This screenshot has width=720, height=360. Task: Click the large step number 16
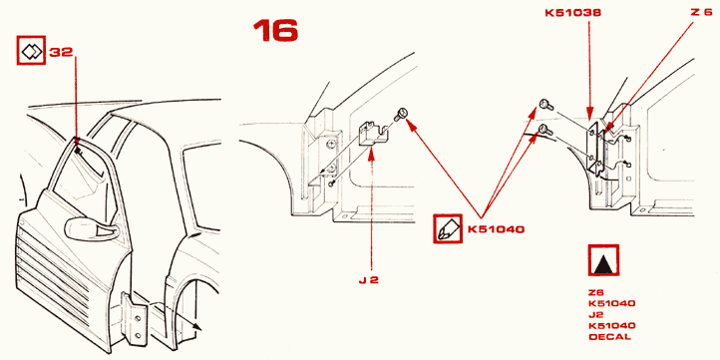coord(275,30)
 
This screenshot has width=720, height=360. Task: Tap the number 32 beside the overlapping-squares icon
coord(61,52)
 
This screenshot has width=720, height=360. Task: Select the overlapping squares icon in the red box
coord(31,50)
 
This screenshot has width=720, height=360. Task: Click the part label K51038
coord(573,13)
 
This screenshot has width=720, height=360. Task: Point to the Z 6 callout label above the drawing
coord(701,12)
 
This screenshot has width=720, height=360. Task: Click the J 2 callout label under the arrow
coord(368,279)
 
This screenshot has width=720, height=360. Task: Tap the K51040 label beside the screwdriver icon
coord(496,228)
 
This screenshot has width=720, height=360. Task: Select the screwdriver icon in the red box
coord(447,228)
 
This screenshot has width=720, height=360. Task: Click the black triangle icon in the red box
coord(603,260)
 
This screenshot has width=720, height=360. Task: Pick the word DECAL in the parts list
coord(609,337)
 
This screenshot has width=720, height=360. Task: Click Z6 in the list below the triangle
coord(596,292)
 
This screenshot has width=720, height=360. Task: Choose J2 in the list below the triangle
coord(596,315)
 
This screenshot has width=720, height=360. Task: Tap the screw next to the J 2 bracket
coord(401,114)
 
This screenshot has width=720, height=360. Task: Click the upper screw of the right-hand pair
coord(546,105)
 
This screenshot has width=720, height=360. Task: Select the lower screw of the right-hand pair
coord(545,130)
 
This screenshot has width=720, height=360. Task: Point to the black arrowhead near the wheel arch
coord(197,325)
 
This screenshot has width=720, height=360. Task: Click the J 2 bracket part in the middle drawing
coord(373,133)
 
